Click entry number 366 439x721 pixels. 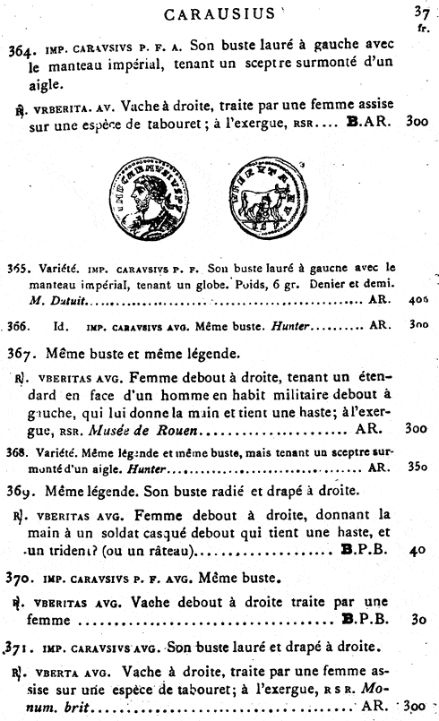click(18, 326)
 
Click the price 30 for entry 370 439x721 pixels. click(417, 619)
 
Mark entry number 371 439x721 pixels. click(20, 645)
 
